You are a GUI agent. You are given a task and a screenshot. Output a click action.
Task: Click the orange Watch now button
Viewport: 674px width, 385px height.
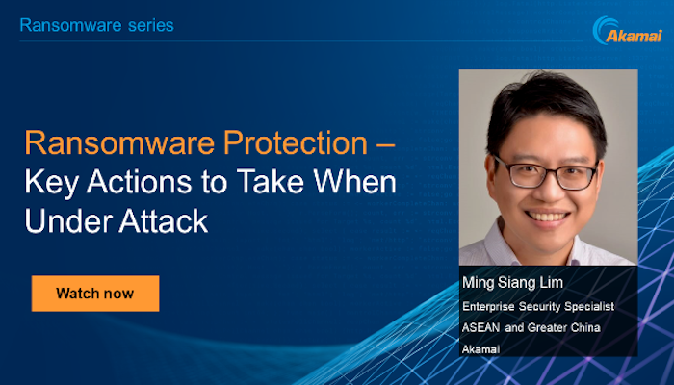click(x=95, y=294)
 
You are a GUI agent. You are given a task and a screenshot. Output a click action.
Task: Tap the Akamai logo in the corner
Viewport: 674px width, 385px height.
click(x=627, y=30)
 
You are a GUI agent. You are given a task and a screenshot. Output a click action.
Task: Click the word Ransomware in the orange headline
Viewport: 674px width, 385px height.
click(x=119, y=142)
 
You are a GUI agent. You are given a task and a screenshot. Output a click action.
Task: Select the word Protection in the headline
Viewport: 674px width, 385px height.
click(x=296, y=142)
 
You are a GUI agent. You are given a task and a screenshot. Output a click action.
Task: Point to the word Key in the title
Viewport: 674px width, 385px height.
click(x=52, y=183)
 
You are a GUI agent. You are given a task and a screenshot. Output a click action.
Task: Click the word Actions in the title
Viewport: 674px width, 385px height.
click(x=140, y=182)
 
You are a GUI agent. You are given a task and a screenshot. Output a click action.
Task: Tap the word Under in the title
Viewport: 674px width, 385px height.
click(x=68, y=220)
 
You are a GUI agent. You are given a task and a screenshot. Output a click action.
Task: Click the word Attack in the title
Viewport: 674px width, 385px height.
click(x=164, y=220)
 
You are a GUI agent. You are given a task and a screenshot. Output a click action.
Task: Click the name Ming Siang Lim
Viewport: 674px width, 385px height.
click(x=512, y=283)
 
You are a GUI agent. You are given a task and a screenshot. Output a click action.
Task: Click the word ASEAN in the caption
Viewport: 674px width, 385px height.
click(x=481, y=328)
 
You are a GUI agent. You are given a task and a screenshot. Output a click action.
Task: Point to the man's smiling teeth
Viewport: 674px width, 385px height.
click(x=547, y=217)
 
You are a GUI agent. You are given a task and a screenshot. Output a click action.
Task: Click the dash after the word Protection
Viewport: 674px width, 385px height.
click(x=385, y=144)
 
